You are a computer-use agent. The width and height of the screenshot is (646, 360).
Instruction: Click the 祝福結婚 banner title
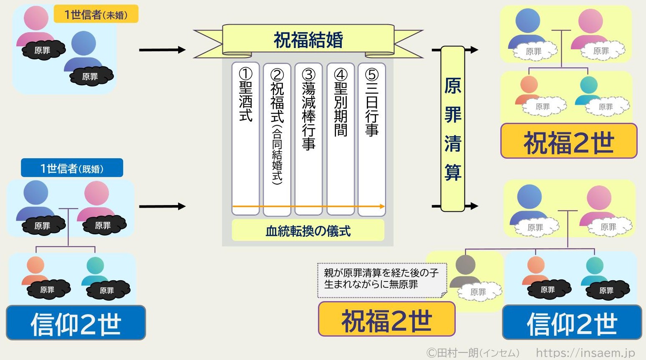308,41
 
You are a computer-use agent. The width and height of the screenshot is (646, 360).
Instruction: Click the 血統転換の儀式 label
308,231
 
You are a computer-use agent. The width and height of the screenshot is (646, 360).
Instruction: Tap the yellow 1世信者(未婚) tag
96,15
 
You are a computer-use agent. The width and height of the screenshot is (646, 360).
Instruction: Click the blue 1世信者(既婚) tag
72,168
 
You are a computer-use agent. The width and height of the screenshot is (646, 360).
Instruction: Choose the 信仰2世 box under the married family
76,323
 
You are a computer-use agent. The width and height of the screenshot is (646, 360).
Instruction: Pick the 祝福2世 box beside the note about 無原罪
386,319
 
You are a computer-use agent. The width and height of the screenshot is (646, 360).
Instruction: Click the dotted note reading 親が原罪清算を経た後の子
381,279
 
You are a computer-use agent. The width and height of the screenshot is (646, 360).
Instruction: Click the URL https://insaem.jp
585,353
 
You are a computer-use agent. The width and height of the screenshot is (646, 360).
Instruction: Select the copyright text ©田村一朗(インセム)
472,353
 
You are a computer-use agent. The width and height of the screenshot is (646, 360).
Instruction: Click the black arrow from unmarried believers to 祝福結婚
162,50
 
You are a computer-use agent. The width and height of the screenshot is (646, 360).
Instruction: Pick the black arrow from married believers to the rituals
162,206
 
